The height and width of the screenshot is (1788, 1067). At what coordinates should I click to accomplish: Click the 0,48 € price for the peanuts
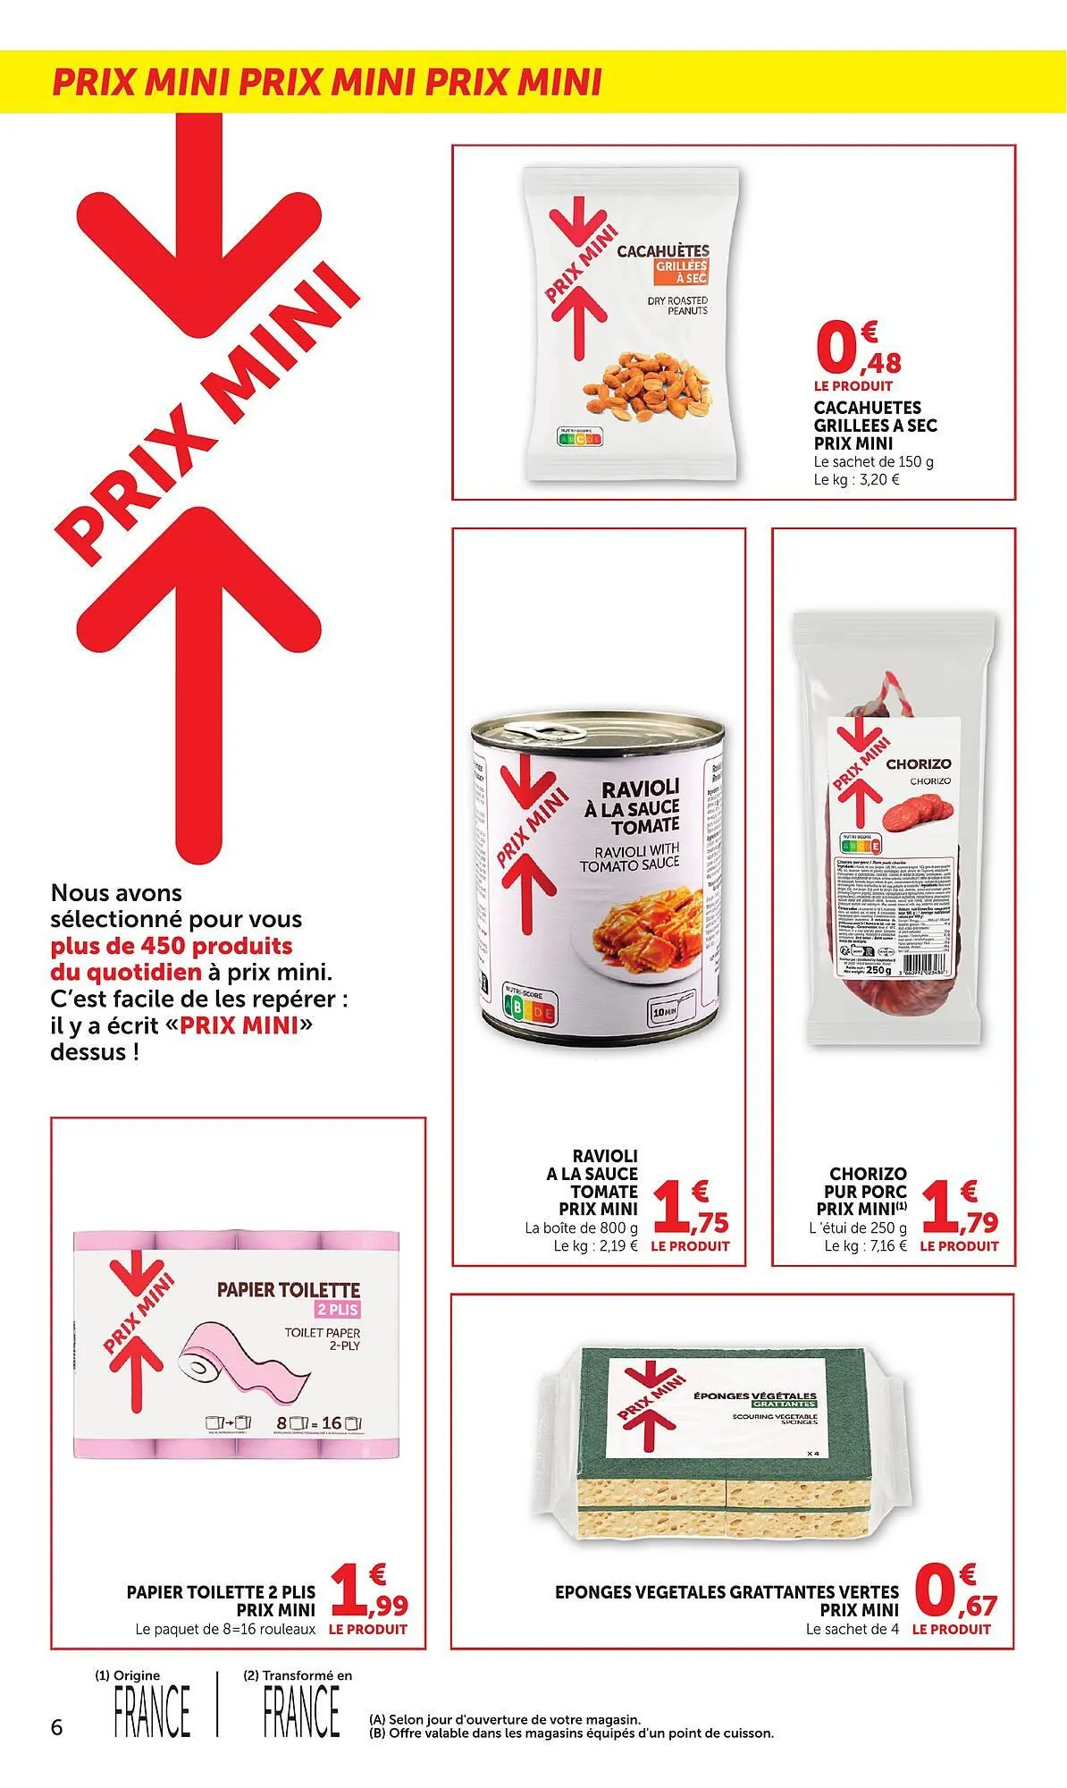pos(856,350)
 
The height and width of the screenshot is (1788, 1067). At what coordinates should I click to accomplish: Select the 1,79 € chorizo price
pos(960,1209)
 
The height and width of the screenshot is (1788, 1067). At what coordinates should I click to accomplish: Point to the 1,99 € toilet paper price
pos(368,1596)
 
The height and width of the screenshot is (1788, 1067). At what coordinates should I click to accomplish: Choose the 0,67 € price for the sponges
pos(954,1595)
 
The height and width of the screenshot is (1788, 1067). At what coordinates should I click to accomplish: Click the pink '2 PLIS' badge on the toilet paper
pos(337,1310)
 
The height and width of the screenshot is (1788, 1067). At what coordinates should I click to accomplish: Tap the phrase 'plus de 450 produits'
pos(172,946)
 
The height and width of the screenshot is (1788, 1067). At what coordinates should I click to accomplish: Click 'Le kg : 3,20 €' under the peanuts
pos(855,479)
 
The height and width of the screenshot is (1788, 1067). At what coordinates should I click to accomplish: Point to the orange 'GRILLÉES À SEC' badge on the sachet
pos(682,273)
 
